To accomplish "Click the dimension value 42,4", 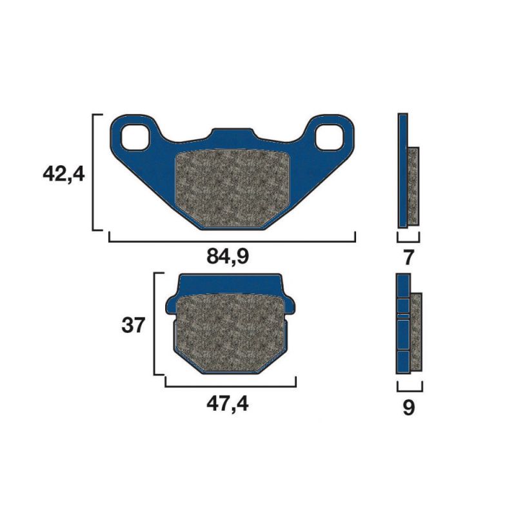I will tap(63, 174).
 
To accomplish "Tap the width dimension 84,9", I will tap(228, 257).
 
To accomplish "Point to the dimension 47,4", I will tap(228, 404).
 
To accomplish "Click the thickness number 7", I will tap(408, 257).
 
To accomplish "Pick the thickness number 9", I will tap(408, 408).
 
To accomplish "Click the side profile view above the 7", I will tap(407, 171).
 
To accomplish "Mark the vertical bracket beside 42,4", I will tap(95, 172).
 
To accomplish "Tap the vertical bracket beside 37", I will tap(155, 324).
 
